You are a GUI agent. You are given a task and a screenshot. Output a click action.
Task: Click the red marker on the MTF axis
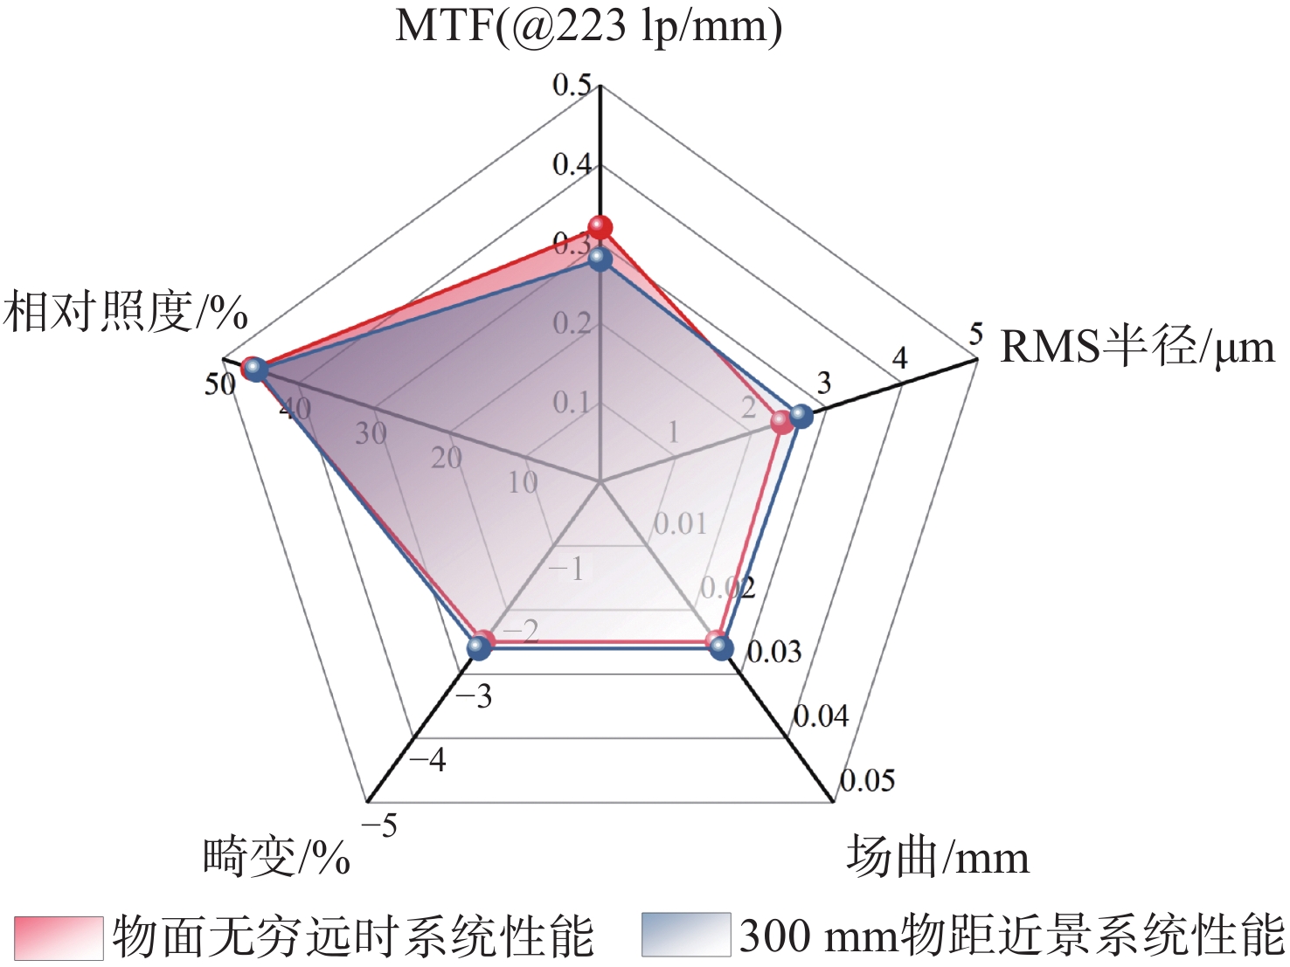(600, 229)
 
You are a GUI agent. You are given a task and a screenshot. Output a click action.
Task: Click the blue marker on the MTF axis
(600, 259)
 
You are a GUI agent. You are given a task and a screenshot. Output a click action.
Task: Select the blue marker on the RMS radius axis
(801, 416)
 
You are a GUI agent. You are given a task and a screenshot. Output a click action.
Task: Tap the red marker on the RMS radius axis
(782, 424)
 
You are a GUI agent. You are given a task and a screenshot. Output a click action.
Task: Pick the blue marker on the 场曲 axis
(721, 647)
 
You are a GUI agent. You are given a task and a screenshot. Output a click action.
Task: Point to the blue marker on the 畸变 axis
(477, 647)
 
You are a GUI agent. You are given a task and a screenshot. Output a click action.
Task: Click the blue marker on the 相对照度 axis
(253, 369)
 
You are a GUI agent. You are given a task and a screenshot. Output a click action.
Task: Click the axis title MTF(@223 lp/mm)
(588, 26)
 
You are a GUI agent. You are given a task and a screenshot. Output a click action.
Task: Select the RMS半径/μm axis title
(1137, 347)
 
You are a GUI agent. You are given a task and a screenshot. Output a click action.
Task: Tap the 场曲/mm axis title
(937, 857)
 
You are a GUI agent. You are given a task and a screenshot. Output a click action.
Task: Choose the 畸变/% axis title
(276, 857)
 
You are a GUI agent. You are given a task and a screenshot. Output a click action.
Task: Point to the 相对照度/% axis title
(126, 312)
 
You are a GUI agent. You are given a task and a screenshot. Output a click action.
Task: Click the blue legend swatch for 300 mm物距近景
(686, 936)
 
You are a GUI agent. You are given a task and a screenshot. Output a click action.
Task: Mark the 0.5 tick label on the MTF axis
(572, 86)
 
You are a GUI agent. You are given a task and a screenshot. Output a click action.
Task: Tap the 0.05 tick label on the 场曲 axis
(867, 780)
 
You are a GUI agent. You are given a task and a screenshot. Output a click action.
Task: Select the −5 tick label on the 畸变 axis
(379, 825)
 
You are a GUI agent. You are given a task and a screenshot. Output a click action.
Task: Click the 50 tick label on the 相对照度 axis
(219, 384)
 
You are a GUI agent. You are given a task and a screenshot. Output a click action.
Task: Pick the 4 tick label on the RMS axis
(899, 358)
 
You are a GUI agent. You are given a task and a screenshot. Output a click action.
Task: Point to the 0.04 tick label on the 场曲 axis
(821, 716)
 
